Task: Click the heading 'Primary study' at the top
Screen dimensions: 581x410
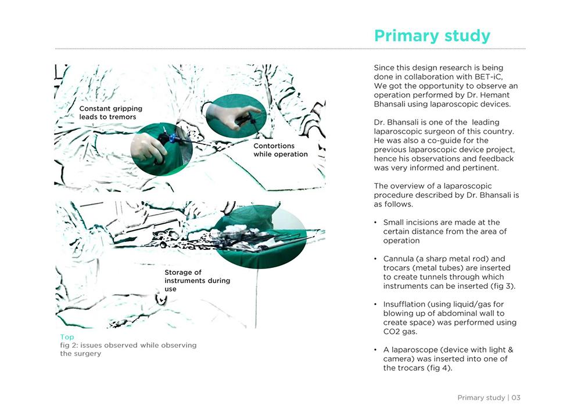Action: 432,36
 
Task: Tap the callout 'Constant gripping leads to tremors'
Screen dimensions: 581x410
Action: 111,113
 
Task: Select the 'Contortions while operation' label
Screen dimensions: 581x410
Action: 281,150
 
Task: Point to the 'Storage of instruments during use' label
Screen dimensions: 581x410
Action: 197,281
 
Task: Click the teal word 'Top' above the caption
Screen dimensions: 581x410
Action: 67,337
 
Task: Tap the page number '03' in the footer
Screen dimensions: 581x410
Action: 516,398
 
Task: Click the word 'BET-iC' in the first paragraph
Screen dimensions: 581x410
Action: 488,77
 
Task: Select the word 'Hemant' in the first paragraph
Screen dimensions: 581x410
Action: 495,95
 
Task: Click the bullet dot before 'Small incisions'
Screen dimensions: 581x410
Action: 375,223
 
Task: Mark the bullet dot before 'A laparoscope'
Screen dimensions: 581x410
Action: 375,350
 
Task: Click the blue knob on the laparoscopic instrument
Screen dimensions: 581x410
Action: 173,139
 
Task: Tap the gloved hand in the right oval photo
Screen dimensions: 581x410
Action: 228,116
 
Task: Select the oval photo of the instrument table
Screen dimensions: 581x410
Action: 260,237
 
